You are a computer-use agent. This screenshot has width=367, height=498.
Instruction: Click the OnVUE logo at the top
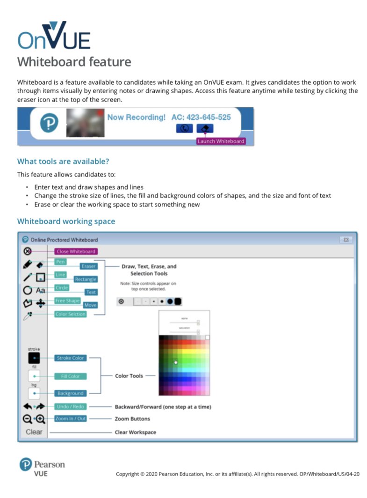pyautogui.click(x=54, y=36)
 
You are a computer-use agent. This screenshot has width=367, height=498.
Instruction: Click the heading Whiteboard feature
pyautogui.click(x=74, y=61)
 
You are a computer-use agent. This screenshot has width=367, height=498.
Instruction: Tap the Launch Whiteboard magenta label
pyautogui.click(x=221, y=141)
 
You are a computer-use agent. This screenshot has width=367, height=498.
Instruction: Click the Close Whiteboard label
pyautogui.click(x=76, y=251)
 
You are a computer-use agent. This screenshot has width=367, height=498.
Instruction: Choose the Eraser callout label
pyautogui.click(x=88, y=266)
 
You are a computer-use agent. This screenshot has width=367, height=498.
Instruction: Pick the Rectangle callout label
pyautogui.click(x=85, y=279)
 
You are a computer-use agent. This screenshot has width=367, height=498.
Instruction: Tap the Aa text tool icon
pyautogui.click(x=41, y=291)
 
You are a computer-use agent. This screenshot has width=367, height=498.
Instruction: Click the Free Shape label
pyautogui.click(x=67, y=300)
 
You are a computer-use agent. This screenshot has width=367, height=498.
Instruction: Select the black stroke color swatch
pyautogui.click(x=34, y=358)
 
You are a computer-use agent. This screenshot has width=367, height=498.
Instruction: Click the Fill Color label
pyautogui.click(x=71, y=376)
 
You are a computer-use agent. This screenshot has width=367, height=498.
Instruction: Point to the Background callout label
pyautogui.click(x=71, y=394)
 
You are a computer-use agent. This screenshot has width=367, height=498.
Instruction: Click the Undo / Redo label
pyautogui.click(x=71, y=407)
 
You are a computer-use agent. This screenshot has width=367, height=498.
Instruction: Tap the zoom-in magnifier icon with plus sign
pyautogui.click(x=40, y=419)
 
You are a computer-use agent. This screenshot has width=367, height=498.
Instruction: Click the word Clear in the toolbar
pyautogui.click(x=34, y=432)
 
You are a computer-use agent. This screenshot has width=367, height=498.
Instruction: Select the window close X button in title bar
pyautogui.click(x=346, y=240)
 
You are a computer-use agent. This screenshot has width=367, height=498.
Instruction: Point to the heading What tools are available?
pyautogui.click(x=63, y=161)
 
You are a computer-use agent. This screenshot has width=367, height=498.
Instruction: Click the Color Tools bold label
pyautogui.click(x=129, y=376)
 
